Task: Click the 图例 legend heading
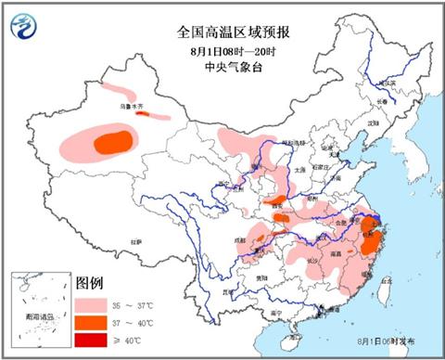point(90,282)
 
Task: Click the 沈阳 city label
point(373,122)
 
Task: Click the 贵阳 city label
point(261,276)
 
